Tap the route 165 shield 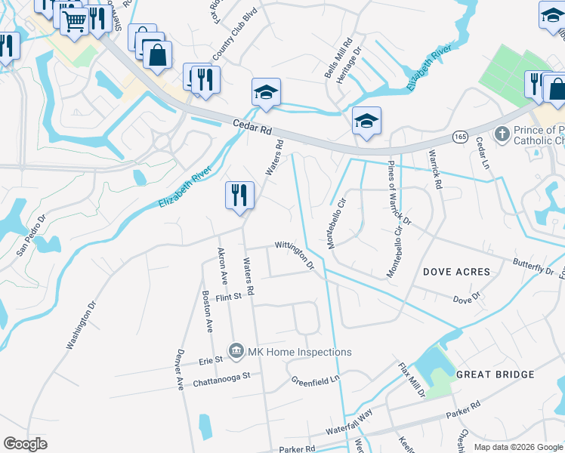460,136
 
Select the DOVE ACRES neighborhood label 456,272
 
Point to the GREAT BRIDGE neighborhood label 495,374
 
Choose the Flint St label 227,297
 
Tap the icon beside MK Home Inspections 236,351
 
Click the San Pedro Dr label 31,236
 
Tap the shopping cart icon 74,22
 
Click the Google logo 25,444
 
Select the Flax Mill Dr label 413,380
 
